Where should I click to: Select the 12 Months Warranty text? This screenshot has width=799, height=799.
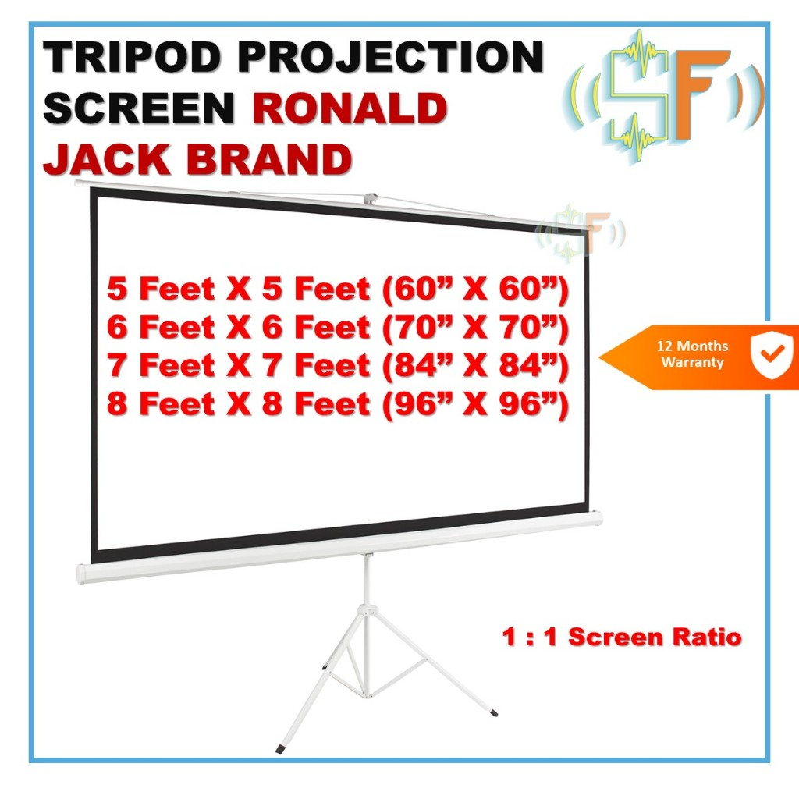(x=693, y=353)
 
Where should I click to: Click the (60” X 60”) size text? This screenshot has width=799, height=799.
(x=476, y=289)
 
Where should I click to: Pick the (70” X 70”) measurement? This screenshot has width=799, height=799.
(x=476, y=328)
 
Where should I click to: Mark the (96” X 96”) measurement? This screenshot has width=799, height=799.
(x=476, y=403)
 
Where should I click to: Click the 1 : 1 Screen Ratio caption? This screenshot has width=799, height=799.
(x=621, y=637)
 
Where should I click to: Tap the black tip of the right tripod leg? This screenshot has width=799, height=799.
(x=492, y=711)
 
